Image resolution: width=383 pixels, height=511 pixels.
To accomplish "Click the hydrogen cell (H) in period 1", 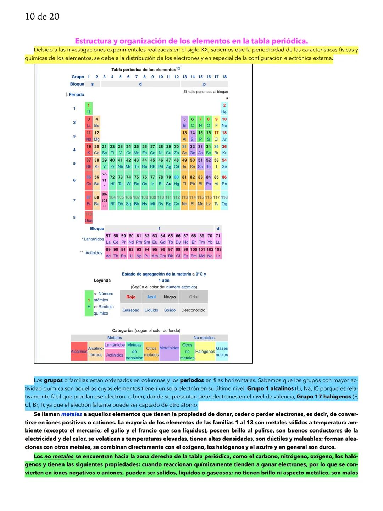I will coord(89,109).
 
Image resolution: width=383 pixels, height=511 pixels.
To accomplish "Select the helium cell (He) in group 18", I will coord(224,109).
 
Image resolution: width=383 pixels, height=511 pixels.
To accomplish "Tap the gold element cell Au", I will coord(168,180).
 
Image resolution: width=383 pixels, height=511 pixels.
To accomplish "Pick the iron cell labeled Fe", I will coord(144,150).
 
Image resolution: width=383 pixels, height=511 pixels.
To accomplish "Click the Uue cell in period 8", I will coord(89,217).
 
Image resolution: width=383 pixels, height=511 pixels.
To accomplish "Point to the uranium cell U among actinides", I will coord(131,252).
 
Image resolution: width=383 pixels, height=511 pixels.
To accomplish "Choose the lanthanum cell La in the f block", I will coord(108,239).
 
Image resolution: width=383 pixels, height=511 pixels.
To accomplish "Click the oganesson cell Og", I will coord(224,201).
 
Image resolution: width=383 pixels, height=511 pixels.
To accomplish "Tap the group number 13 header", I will coord(184,77).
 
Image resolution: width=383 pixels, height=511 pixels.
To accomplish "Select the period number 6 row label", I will coord(74,180).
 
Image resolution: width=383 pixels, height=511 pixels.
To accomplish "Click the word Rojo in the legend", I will coord(131,297).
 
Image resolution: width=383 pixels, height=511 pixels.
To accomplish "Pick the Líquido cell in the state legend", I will coord(151,310).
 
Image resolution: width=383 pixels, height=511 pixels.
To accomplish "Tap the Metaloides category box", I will coord(169,348).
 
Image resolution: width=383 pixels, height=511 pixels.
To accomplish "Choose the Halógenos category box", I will coord(205,352).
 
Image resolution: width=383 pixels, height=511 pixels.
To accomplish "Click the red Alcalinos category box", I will coord(79,352).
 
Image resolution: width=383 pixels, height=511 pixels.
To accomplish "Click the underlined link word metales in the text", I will coord(72,414).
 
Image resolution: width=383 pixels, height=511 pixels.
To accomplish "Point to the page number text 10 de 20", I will coord(42,17).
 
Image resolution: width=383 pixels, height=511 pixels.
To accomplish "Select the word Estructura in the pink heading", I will coord(93,41).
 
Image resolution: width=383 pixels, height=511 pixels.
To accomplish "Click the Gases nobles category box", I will coord(222,352).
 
